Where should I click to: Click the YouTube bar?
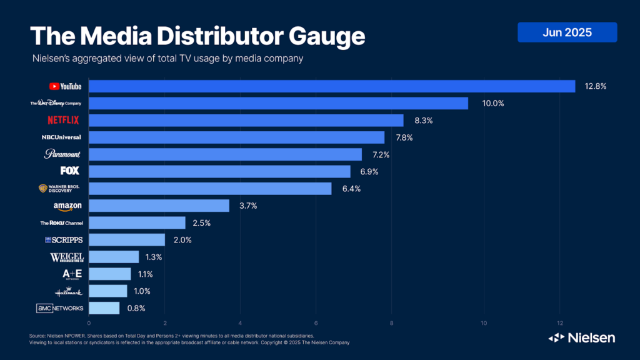pyautogui.click(x=332, y=86)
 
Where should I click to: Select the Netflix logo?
pyautogui.click(x=63, y=120)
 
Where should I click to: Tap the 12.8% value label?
pyautogui.click(x=596, y=86)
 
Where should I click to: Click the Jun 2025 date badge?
pyautogui.click(x=567, y=32)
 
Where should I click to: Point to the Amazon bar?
pyautogui.click(x=159, y=206)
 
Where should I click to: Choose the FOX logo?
pyautogui.click(x=69, y=171)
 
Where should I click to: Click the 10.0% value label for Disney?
pyautogui.click(x=493, y=103)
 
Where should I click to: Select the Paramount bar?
pyautogui.click(x=226, y=154)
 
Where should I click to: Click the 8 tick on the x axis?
pyautogui.click(x=392, y=323)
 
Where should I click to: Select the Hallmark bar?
pyautogui.click(x=108, y=291)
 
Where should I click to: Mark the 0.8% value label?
pyautogui.click(x=136, y=308)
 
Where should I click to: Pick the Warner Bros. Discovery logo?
pyautogui.click(x=60, y=188)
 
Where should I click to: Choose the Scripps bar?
pyautogui.click(x=127, y=240)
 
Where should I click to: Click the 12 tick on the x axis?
pyautogui.click(x=559, y=323)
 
